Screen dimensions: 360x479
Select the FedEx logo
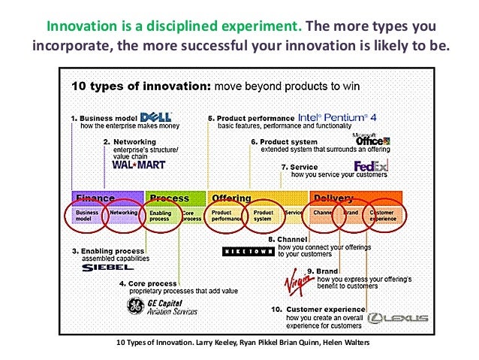point(371,166)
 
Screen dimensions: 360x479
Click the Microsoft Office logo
point(373,138)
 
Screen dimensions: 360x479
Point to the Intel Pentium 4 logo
point(336,117)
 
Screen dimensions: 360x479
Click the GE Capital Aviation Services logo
point(161,307)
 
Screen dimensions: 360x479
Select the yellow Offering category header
point(232,198)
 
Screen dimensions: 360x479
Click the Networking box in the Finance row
point(124,213)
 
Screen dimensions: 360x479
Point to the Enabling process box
point(160,216)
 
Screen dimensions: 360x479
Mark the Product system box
point(263,216)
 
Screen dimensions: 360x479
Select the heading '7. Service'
point(299,167)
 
